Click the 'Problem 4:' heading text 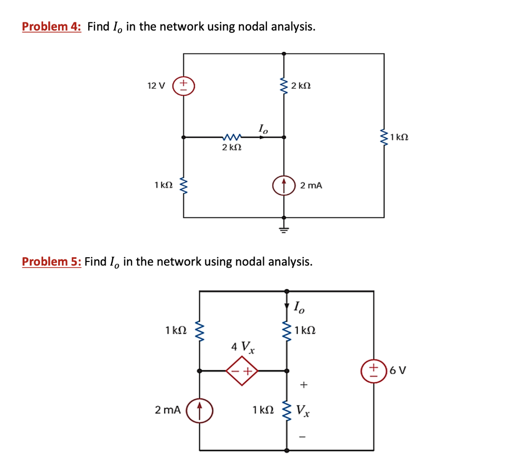[51, 26]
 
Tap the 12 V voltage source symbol [184, 85]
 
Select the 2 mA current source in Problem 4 [284, 185]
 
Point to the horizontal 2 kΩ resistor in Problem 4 [230, 137]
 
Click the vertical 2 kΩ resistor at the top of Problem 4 [284, 85]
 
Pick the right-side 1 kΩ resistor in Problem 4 [384, 137]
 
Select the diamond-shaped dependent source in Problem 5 [242, 371]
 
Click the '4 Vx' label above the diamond [243, 346]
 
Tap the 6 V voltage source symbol [373, 370]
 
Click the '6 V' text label [398, 370]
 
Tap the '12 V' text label [156, 85]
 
